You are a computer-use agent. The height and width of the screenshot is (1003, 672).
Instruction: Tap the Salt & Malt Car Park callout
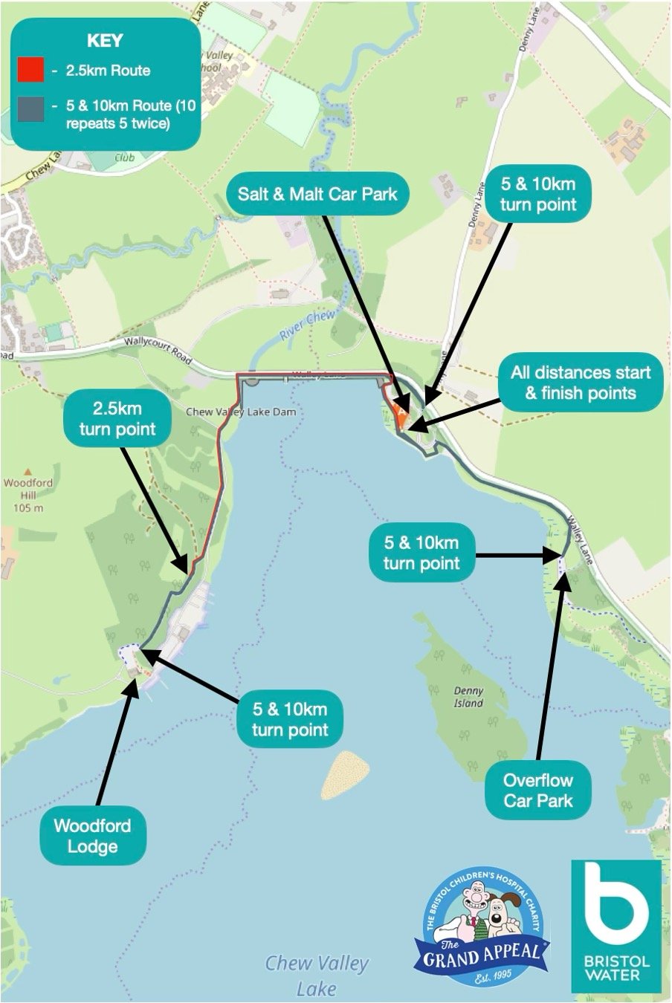318,195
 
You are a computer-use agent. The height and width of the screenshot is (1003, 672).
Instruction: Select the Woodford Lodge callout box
92,836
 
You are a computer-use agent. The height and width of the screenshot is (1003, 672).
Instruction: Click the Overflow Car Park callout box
538,791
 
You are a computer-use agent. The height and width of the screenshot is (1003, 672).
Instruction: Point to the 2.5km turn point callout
117,419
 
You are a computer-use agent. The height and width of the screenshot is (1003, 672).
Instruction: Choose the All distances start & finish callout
581,383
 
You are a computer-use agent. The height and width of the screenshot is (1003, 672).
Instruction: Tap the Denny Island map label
468,697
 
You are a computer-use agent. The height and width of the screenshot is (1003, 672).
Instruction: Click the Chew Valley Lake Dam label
240,412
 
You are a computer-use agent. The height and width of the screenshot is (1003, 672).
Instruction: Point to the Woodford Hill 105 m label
28,495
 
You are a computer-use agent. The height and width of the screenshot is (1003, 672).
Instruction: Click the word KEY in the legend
105,41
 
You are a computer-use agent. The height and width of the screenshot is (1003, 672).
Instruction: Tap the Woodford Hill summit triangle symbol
28,470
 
